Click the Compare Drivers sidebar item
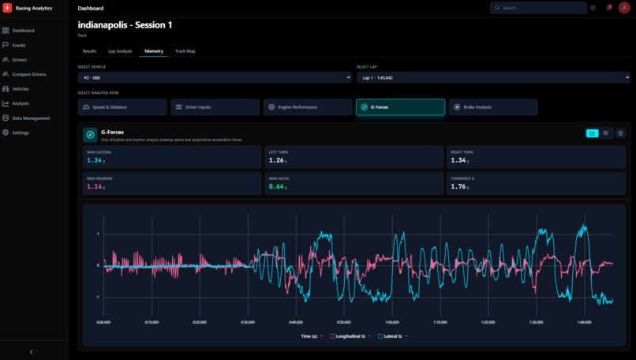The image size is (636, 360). click(28, 74)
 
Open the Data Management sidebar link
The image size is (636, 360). click(30, 118)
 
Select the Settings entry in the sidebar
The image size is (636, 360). click(20, 133)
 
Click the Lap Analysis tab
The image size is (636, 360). click(120, 51)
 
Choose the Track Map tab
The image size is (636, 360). click(185, 51)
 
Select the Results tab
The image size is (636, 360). click(89, 51)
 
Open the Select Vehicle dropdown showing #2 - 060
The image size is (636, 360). click(215, 77)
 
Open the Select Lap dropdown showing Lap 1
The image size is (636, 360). click(493, 77)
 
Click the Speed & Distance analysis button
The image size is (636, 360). click(122, 107)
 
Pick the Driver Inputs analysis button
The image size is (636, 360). click(215, 107)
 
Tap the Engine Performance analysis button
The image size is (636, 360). click(308, 107)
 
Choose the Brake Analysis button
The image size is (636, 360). click(493, 107)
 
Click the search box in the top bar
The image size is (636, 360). click(539, 8)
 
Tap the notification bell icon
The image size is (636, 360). click(608, 8)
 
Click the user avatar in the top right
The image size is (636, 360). click(624, 8)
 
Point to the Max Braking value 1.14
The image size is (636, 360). click(95, 186)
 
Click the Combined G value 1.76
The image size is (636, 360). click(458, 186)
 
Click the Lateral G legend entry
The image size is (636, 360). click(392, 336)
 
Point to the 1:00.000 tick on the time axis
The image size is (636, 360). click(392, 322)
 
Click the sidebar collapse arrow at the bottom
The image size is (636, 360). click(32, 351)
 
